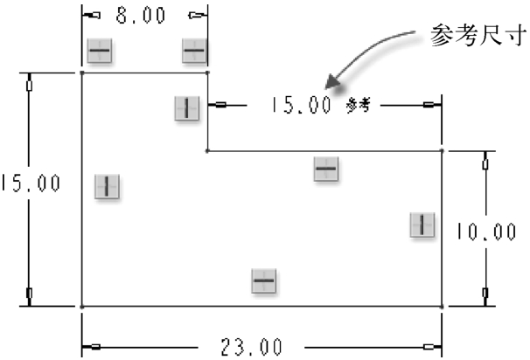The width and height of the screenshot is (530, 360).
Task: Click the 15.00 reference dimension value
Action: click(x=301, y=106)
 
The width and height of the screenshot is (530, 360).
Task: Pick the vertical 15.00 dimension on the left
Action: click(x=31, y=183)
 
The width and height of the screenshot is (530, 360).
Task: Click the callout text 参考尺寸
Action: click(x=478, y=36)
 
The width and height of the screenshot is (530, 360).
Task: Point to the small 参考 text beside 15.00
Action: click(x=359, y=106)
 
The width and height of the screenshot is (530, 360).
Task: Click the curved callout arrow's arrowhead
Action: click(x=328, y=85)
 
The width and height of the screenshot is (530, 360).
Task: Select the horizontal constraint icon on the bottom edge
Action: click(x=264, y=281)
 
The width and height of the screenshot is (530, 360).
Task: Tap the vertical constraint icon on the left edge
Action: click(x=107, y=186)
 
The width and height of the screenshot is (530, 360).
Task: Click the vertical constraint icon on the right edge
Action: click(x=422, y=225)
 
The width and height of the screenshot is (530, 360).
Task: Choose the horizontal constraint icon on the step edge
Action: click(x=326, y=169)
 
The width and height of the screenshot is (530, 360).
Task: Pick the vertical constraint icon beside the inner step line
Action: click(x=186, y=108)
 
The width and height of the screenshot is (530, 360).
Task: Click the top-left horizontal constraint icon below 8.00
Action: click(x=99, y=52)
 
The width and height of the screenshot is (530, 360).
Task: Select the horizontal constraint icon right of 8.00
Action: click(x=194, y=52)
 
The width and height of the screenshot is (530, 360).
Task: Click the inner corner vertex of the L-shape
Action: click(x=207, y=150)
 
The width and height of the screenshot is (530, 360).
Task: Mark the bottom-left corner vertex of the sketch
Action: click(x=82, y=307)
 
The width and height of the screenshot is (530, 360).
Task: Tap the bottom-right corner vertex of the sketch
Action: click(x=442, y=307)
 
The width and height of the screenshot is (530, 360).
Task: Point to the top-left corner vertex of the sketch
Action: click(x=82, y=73)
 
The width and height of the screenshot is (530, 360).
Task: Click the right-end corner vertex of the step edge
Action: click(x=442, y=150)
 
